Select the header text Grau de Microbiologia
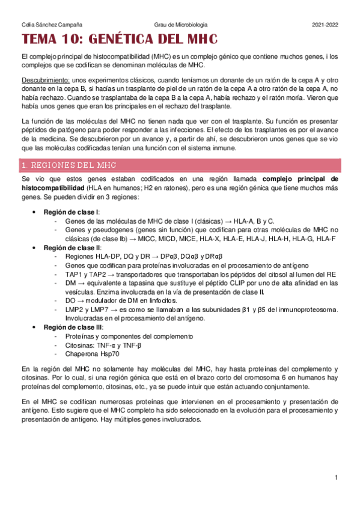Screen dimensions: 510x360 (180, 25)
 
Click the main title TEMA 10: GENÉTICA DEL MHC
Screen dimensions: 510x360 (120, 40)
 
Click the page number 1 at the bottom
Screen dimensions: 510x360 (337, 478)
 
